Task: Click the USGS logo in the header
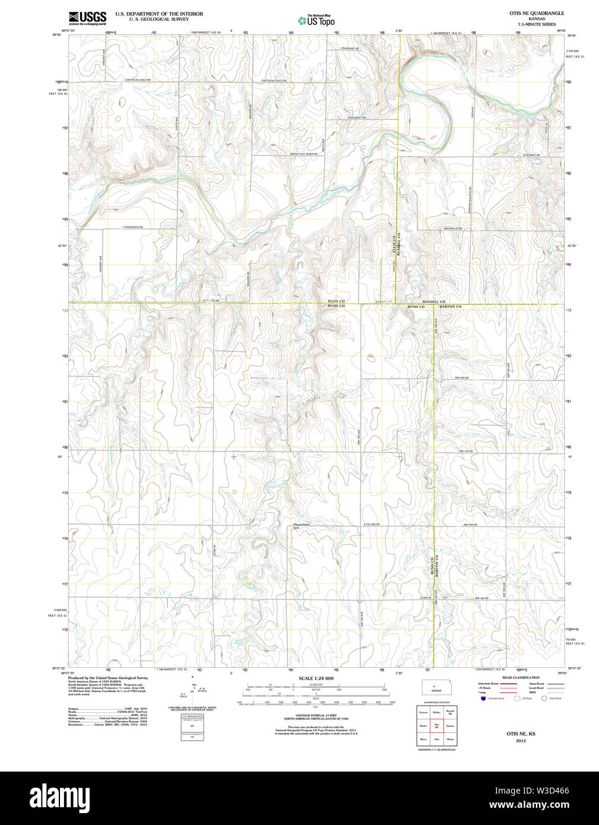pos(87,17)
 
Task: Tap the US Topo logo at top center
pos(316,21)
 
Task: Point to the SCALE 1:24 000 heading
pos(316,678)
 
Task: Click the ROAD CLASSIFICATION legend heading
pos(521,677)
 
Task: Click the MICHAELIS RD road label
pos(453,229)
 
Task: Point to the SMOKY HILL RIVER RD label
pos(303,154)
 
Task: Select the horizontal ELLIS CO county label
pos(336,302)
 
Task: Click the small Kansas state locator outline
pos(436,687)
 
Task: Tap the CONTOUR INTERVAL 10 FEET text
pos(316,715)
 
